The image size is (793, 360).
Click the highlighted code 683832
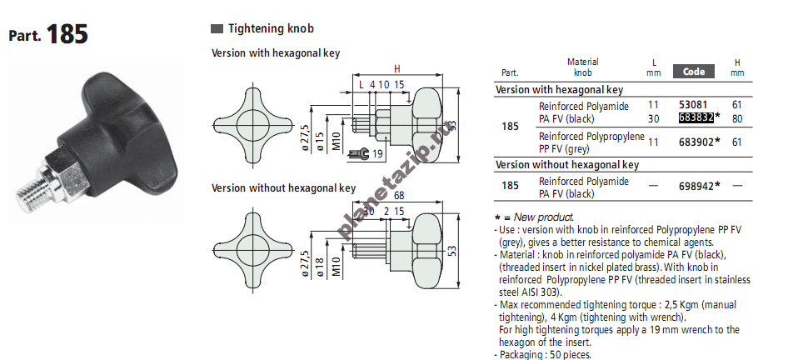[x=696, y=117]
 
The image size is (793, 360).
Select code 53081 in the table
[x=693, y=105]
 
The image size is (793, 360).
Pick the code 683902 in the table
[x=696, y=142]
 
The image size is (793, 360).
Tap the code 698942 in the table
[x=696, y=187]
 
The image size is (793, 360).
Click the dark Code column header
[x=694, y=72]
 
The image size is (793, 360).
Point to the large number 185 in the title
[x=67, y=34]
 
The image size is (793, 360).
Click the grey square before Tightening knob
[x=217, y=29]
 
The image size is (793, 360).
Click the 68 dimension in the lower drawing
[x=398, y=196]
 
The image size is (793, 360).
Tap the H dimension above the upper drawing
[x=397, y=69]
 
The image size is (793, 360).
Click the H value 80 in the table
[x=737, y=118]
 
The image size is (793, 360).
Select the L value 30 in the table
[x=653, y=118]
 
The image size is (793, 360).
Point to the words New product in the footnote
[x=544, y=217]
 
